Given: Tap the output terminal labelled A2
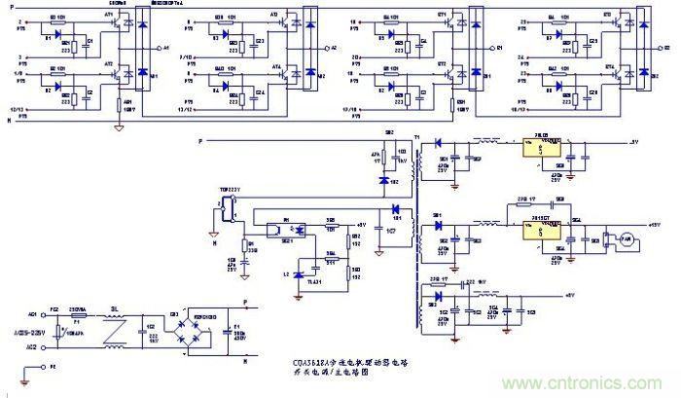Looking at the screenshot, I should click(x=333, y=46).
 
